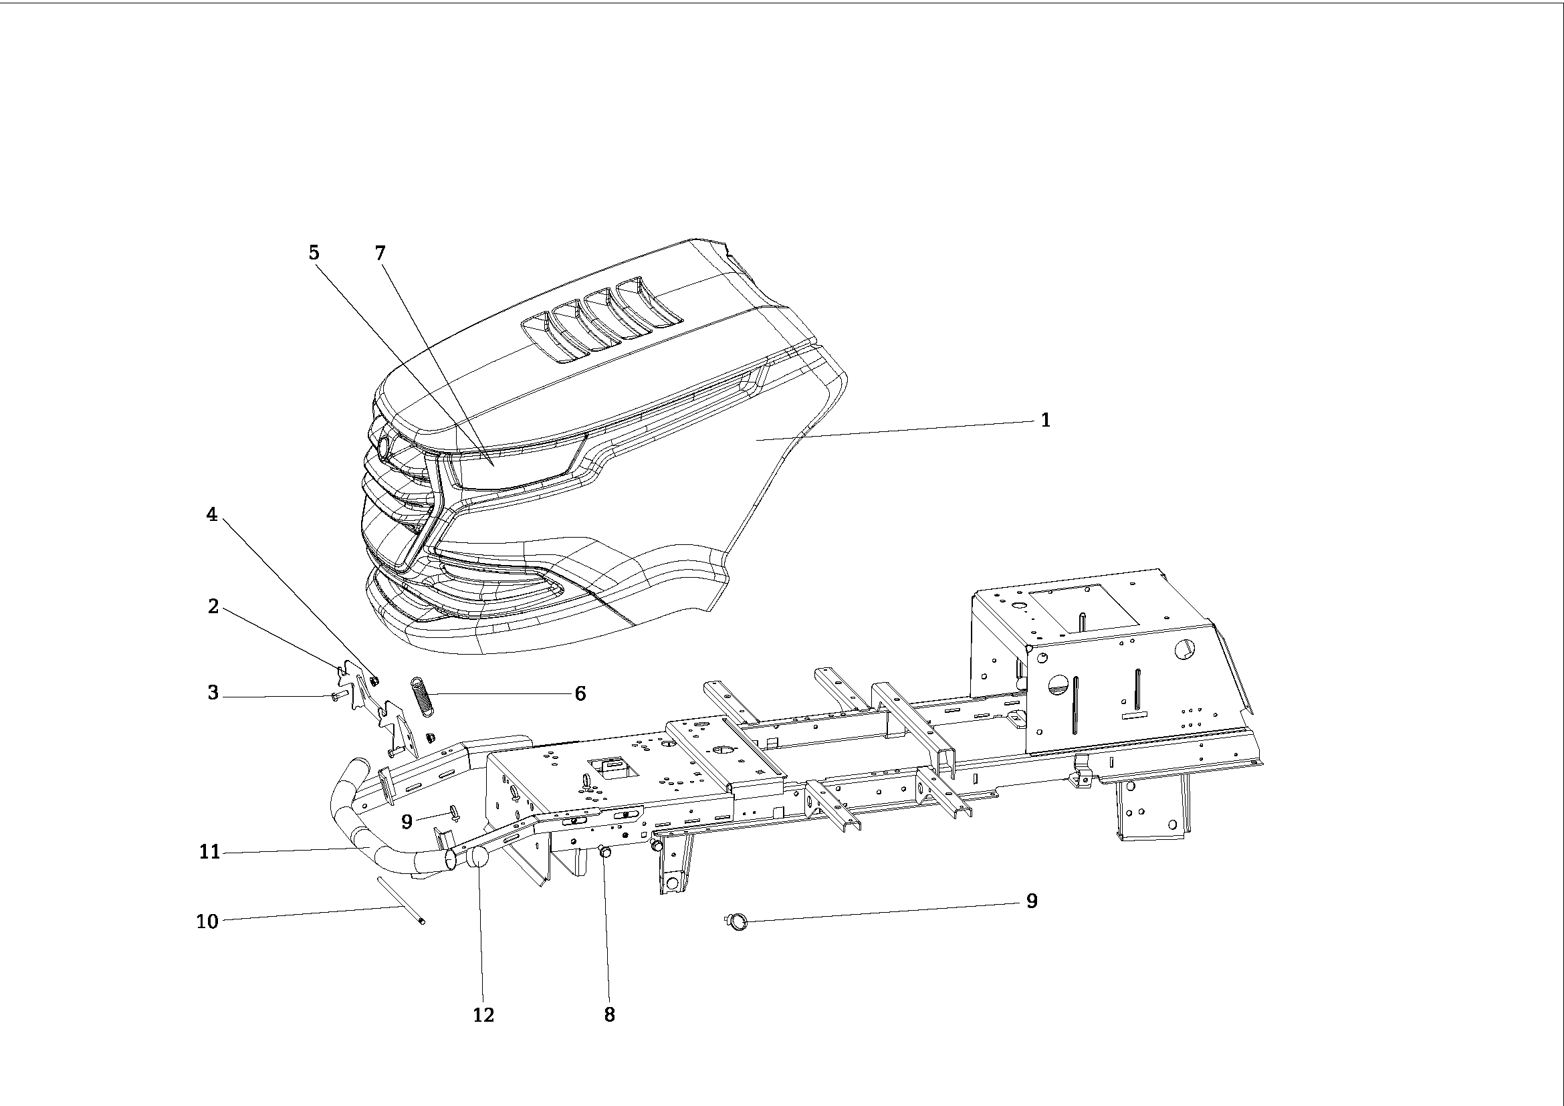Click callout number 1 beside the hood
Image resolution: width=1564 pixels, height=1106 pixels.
1046,420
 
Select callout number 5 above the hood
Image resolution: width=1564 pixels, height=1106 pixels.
314,253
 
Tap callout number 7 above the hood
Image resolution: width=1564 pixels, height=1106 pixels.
380,253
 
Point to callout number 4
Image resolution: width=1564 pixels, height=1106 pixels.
212,515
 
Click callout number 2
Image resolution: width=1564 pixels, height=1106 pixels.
213,606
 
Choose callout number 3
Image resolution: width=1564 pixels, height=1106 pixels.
213,693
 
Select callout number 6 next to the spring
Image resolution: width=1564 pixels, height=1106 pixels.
580,693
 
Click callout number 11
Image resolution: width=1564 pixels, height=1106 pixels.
209,852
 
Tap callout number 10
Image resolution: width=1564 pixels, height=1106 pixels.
207,921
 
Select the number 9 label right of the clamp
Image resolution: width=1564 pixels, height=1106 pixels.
1031,901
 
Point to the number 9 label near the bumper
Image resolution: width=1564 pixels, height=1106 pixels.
407,822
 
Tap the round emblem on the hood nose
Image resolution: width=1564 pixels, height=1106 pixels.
384,446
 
